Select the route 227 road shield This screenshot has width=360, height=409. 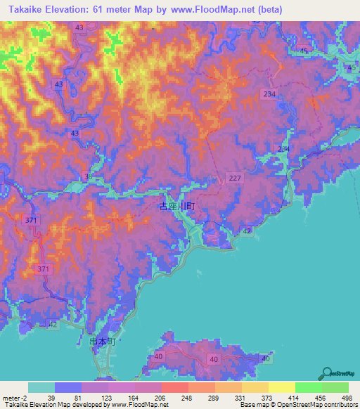(x=235, y=179)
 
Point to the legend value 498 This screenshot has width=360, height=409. (x=347, y=398)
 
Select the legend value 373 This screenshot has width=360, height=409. (x=266, y=398)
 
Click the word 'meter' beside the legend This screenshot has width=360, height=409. (x=11, y=398)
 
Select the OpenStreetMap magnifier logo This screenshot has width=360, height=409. (x=327, y=373)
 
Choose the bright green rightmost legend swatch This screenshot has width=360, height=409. (x=335, y=387)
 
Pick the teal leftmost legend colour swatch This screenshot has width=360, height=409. (x=41, y=387)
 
